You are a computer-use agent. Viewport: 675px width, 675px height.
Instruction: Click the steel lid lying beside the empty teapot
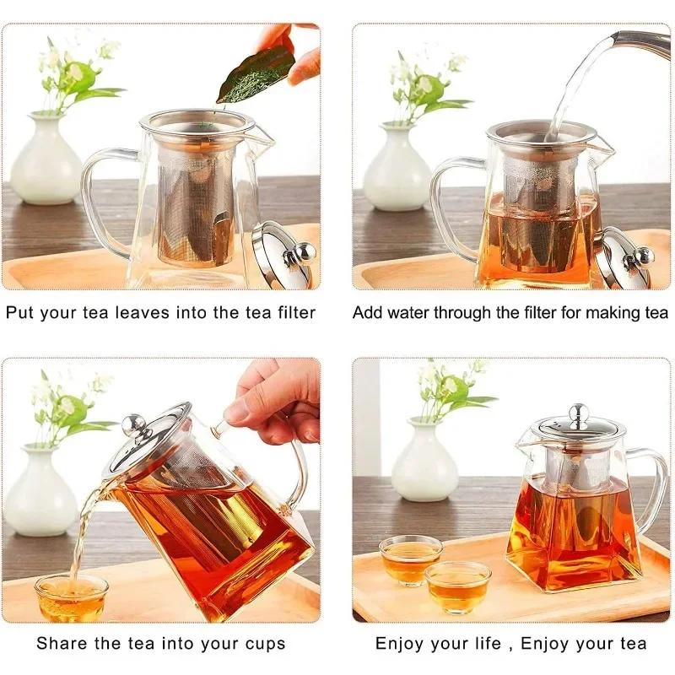click(x=283, y=253)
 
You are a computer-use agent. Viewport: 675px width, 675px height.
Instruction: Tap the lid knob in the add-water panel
click(x=643, y=256)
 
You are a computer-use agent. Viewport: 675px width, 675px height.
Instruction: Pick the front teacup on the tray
click(x=457, y=586)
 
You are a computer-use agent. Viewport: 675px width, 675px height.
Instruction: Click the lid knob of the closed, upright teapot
click(x=578, y=413)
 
